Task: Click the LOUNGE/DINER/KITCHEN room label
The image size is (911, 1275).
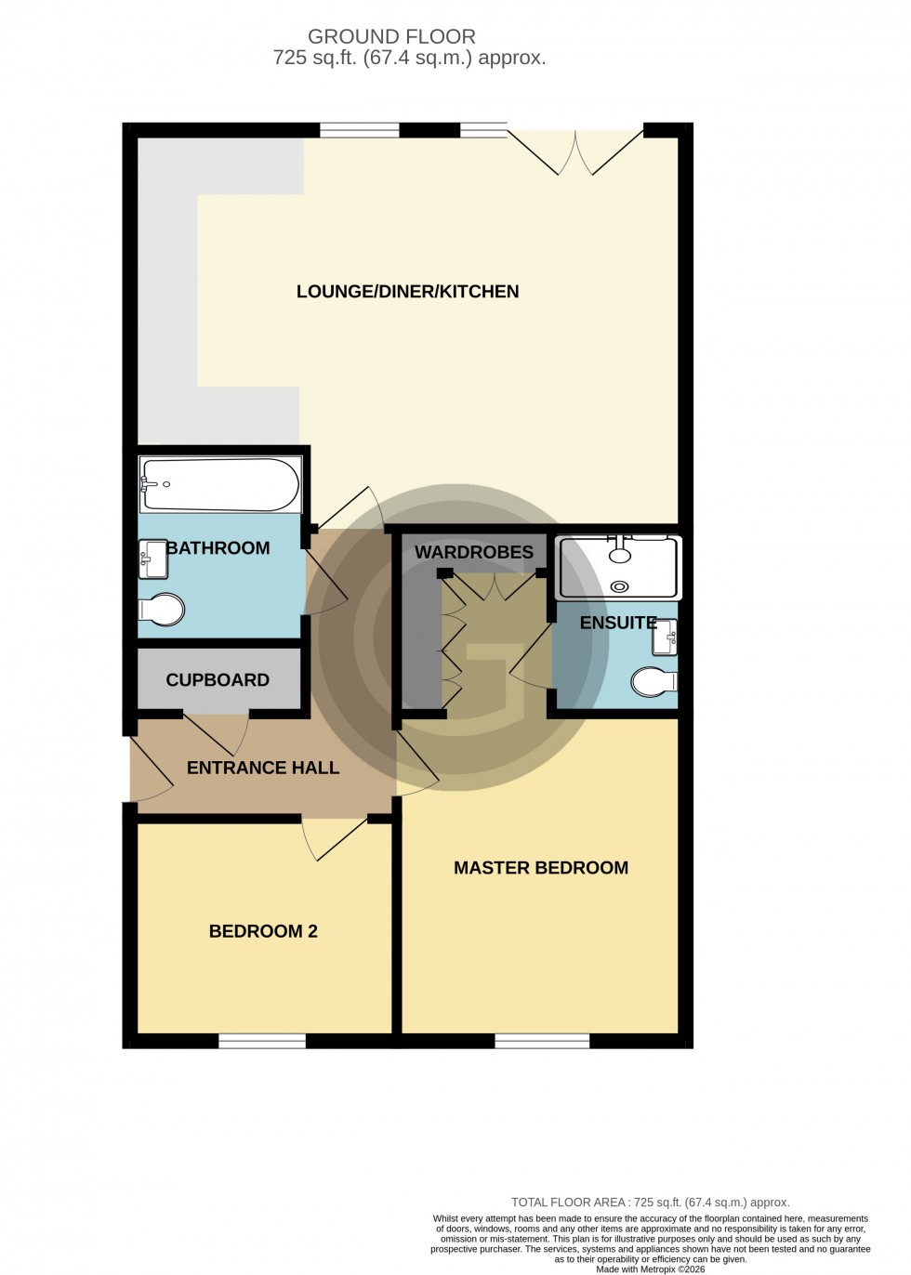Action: pyautogui.click(x=407, y=292)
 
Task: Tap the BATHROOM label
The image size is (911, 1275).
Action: pyautogui.click(x=218, y=548)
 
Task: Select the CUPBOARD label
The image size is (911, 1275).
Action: pyautogui.click(x=218, y=680)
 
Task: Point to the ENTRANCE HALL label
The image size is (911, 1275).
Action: pyautogui.click(x=263, y=768)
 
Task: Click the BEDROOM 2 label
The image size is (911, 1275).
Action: pyautogui.click(x=263, y=931)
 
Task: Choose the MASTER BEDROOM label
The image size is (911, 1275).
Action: pyautogui.click(x=541, y=868)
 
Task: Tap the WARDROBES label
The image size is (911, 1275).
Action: pyautogui.click(x=474, y=552)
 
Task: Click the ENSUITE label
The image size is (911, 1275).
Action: pyautogui.click(x=618, y=623)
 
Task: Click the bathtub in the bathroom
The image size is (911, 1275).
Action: pyautogui.click(x=220, y=484)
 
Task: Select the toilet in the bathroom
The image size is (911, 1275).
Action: pyautogui.click(x=162, y=610)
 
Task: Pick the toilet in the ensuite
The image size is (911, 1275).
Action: pyautogui.click(x=654, y=684)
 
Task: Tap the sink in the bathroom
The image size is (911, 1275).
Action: pyautogui.click(x=152, y=559)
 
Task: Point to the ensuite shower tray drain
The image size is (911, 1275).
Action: pyautogui.click(x=619, y=586)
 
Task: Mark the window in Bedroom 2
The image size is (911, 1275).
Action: pyautogui.click(x=262, y=1042)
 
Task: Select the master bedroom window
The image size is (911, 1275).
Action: pyautogui.click(x=541, y=1042)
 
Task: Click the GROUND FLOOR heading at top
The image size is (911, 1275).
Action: pyautogui.click(x=391, y=37)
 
